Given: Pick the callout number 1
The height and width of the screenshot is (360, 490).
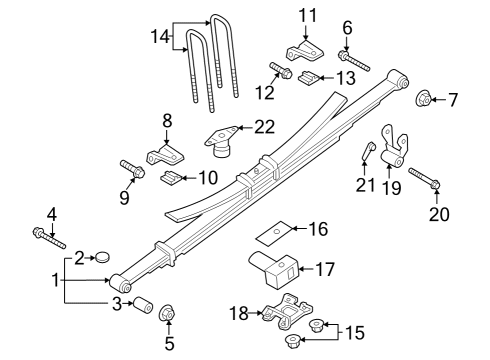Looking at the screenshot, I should (x=54, y=281).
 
